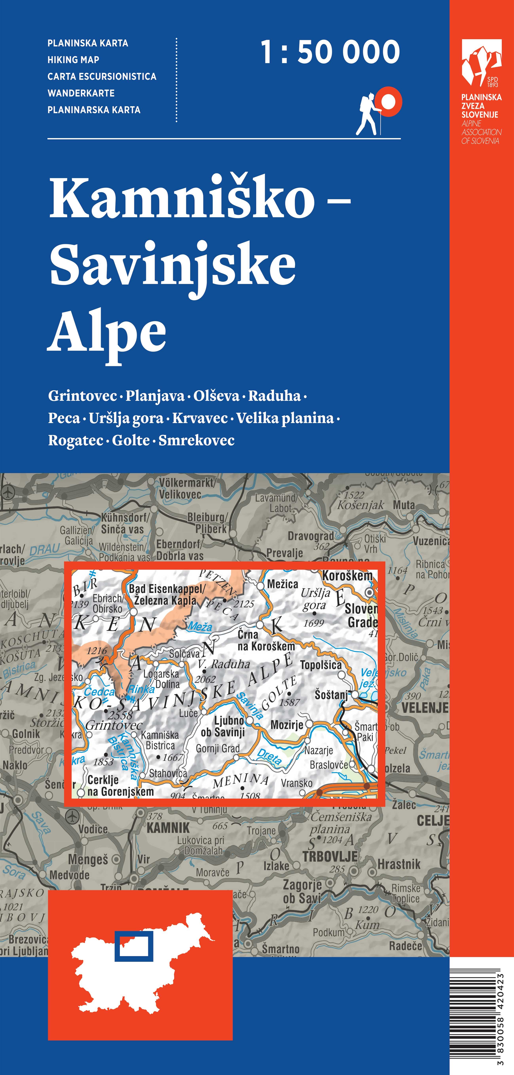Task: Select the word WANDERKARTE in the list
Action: [x=81, y=93]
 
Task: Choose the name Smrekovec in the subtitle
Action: [x=196, y=440]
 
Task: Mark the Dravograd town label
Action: [x=310, y=536]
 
